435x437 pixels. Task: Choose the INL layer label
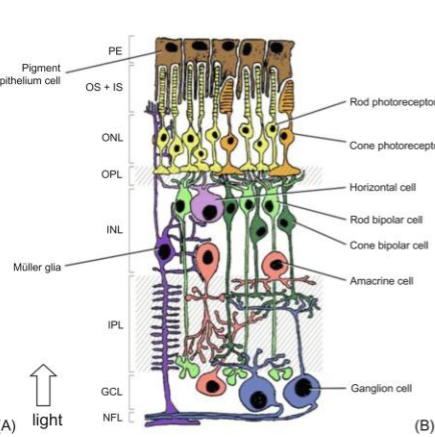coord(116,229)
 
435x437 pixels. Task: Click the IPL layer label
coord(116,326)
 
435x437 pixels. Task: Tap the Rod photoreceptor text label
coord(391,101)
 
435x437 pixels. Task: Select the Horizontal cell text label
coord(385,186)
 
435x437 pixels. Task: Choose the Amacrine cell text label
coord(381,281)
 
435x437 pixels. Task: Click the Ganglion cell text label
coord(381,386)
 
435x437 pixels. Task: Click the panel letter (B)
coord(422,423)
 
